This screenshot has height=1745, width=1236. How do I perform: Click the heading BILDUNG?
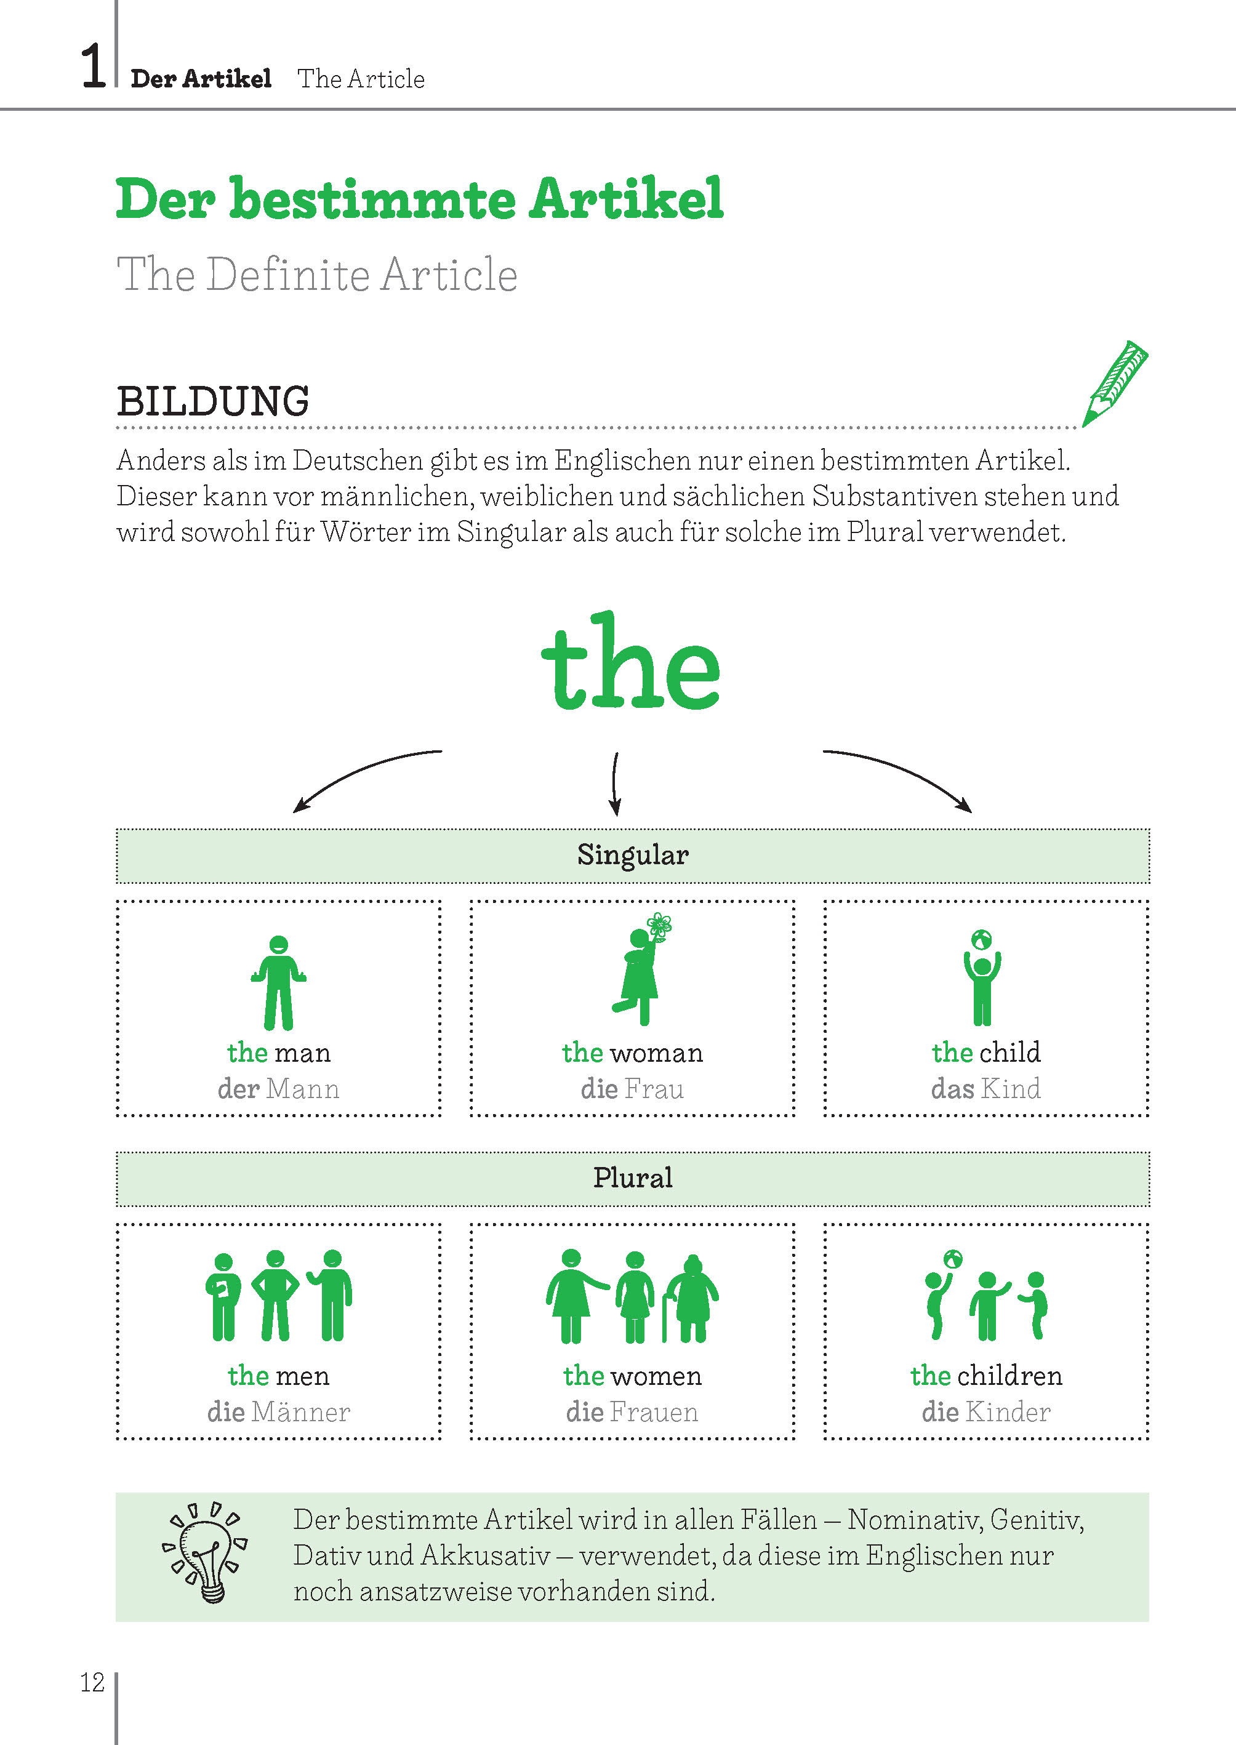(213, 401)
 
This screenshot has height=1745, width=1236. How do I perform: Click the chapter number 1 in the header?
(93, 66)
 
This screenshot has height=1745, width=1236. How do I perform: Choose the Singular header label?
(632, 854)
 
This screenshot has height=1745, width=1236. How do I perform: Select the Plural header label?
(632, 1177)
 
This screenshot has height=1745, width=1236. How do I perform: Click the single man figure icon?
(279, 982)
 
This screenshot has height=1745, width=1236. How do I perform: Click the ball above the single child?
(982, 941)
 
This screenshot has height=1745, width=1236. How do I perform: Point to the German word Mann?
(303, 1088)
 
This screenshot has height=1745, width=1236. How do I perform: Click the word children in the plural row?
(1009, 1375)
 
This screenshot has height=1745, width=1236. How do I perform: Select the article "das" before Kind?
(952, 1088)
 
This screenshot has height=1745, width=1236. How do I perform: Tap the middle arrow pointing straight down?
(615, 784)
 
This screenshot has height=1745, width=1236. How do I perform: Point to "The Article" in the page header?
(361, 78)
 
